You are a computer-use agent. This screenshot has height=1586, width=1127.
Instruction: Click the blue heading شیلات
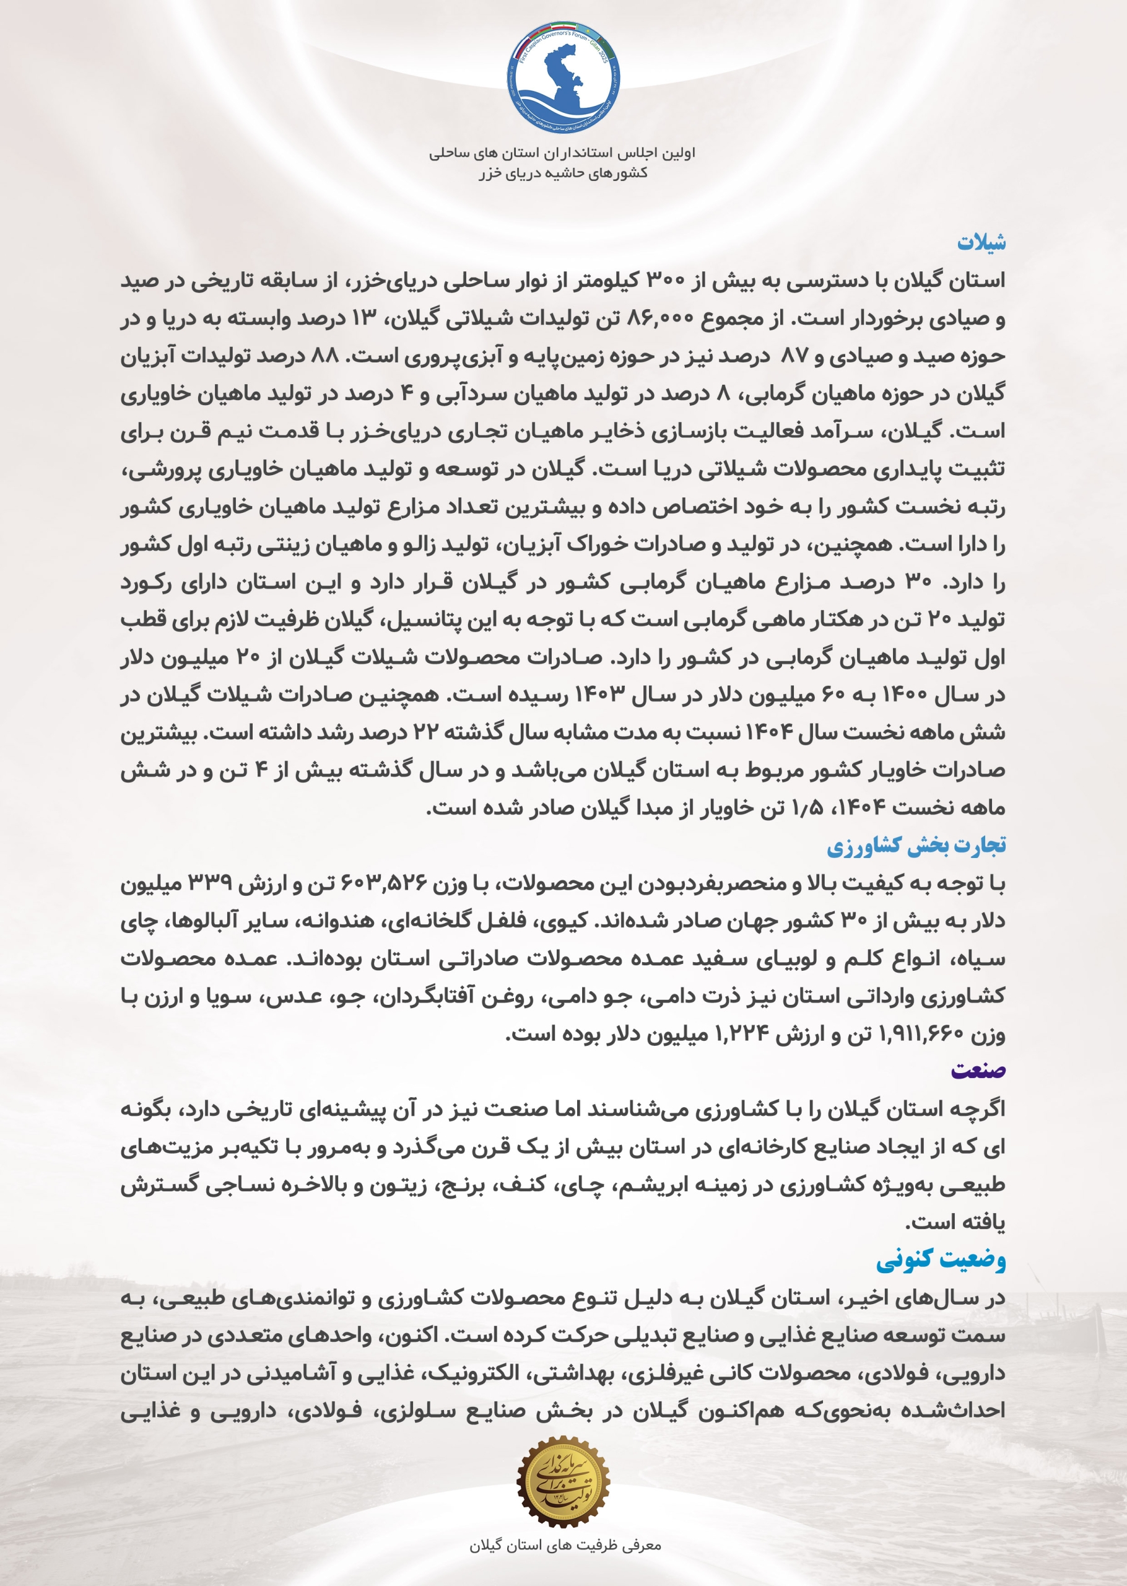point(981,243)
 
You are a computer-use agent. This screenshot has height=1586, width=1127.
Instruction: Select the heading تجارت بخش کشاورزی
point(915,846)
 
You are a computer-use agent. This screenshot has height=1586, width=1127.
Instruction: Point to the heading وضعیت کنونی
point(941,1260)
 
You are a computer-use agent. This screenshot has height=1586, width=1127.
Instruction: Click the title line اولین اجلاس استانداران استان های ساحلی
point(562,152)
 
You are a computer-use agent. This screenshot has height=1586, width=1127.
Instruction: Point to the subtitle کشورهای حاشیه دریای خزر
point(563,173)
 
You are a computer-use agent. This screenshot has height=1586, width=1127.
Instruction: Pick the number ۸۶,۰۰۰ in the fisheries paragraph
point(659,319)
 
